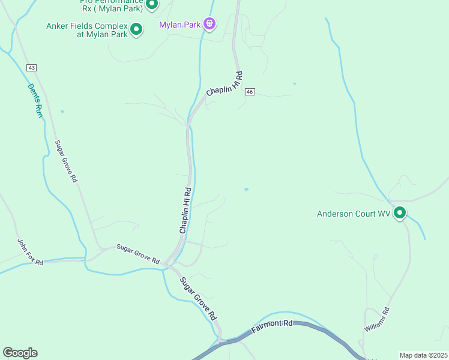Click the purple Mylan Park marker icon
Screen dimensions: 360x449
(x=209, y=24)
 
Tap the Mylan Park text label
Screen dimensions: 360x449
(x=180, y=25)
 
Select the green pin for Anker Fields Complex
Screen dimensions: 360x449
(x=136, y=28)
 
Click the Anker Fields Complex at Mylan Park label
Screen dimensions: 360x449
(x=87, y=30)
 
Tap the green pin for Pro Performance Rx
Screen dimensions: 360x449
(x=152, y=4)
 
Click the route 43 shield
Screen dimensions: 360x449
(x=31, y=67)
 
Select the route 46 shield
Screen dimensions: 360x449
(x=250, y=92)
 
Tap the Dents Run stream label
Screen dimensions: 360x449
(x=36, y=100)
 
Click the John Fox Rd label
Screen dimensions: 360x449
(x=29, y=251)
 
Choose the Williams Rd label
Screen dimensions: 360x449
(x=377, y=320)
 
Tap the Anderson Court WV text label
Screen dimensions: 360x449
(x=354, y=214)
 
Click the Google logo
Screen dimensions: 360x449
(x=20, y=353)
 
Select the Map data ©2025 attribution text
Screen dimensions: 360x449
(x=423, y=355)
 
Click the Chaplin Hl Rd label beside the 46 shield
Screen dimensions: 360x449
(x=224, y=84)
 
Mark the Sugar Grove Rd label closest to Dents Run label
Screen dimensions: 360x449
(x=67, y=161)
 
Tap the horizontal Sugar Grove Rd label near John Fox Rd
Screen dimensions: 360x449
(x=138, y=254)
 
